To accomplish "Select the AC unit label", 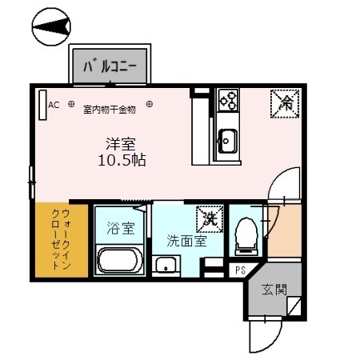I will click(x=54, y=105).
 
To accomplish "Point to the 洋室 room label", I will click(x=121, y=144).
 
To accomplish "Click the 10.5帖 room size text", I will click(x=121, y=159).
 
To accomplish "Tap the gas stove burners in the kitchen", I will click(x=227, y=100).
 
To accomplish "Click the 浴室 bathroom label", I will click(x=121, y=227).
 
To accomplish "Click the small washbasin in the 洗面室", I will click(x=166, y=265).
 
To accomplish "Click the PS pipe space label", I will click(x=239, y=270).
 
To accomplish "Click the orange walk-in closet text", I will click(x=59, y=239).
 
